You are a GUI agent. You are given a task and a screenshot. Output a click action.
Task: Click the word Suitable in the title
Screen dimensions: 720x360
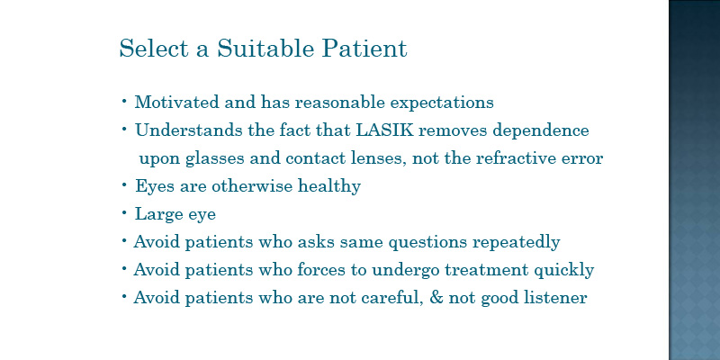[265, 48]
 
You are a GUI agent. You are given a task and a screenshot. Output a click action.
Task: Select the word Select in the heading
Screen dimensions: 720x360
[154, 48]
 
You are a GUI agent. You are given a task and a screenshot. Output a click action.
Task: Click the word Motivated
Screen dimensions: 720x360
[176, 102]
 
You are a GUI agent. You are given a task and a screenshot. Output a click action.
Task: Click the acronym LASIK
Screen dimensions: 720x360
[385, 130]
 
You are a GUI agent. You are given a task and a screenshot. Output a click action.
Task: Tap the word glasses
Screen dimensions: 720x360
[215, 159]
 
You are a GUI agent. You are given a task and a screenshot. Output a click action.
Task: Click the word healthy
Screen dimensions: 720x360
[329, 187]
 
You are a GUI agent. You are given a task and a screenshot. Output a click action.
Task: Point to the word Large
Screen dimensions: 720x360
[152, 214]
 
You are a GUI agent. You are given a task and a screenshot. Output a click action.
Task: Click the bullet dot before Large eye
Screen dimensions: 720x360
[124, 213]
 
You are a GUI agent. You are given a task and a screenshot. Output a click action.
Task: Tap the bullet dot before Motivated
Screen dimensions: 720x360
[124, 101]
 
